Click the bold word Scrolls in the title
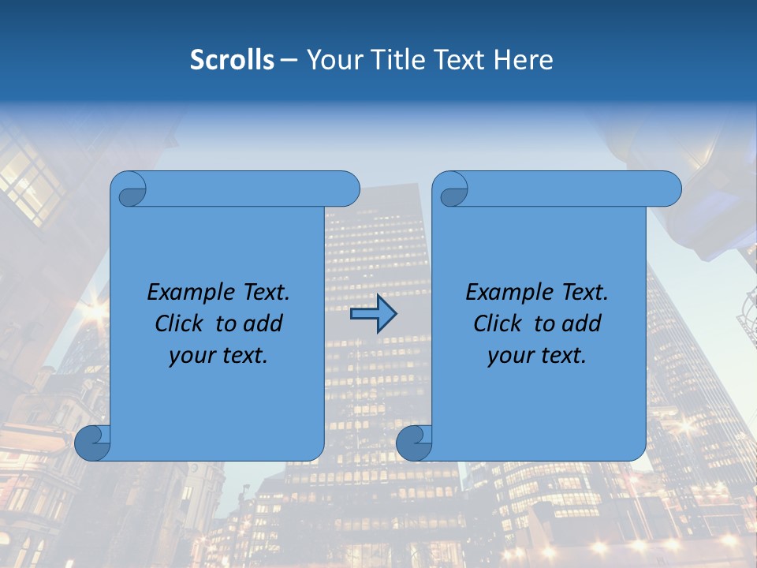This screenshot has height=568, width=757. pos(232,59)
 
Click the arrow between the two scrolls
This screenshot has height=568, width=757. pos(373,314)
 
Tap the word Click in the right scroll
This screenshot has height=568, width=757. pos(498,323)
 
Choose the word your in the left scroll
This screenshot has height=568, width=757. pos(190,356)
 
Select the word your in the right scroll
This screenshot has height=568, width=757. pos(509,356)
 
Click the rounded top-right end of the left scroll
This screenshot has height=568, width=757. pos(348,189)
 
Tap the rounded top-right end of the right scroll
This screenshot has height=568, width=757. pos(669,189)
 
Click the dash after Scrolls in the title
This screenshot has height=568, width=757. pos(289,60)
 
